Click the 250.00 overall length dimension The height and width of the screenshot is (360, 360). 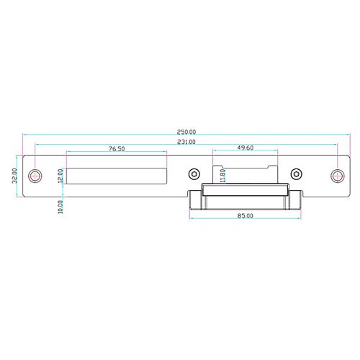click(x=186, y=132)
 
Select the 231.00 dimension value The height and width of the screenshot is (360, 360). click(x=186, y=142)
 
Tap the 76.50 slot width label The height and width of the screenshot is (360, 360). click(x=117, y=149)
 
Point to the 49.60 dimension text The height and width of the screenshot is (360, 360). click(x=246, y=148)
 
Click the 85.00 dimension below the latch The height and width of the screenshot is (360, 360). click(x=245, y=216)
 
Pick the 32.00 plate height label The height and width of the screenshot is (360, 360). click(x=14, y=176)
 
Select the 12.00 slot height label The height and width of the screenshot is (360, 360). click(x=60, y=176)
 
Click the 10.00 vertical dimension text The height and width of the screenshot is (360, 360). click(x=60, y=207)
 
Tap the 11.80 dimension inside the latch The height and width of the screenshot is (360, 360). click(x=222, y=176)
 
